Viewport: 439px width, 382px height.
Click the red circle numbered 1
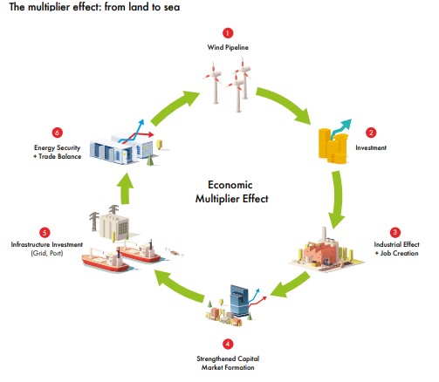coord(228,33)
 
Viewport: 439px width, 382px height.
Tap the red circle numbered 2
coord(371,133)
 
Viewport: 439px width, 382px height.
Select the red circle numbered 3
coord(395,232)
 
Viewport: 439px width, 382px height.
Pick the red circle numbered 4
coord(228,344)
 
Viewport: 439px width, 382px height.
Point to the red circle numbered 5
coord(45,233)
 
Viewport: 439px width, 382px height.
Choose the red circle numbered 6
coord(58,133)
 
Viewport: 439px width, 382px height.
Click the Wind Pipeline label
coord(228,47)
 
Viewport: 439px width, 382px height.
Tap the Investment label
coord(371,147)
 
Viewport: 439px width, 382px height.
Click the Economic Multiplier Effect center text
coord(231,192)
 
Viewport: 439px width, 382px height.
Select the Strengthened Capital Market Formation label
coord(228,363)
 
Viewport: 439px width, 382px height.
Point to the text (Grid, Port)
coord(47,253)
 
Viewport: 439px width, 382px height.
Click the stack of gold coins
coord(333,147)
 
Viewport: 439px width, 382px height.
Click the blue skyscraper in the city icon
coord(239,301)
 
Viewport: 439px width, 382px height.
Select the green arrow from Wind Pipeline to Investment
coord(284,103)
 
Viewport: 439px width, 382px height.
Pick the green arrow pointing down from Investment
coord(338,199)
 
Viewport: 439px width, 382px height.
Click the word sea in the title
coord(172,7)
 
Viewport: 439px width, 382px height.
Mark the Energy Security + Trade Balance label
coord(58,152)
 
